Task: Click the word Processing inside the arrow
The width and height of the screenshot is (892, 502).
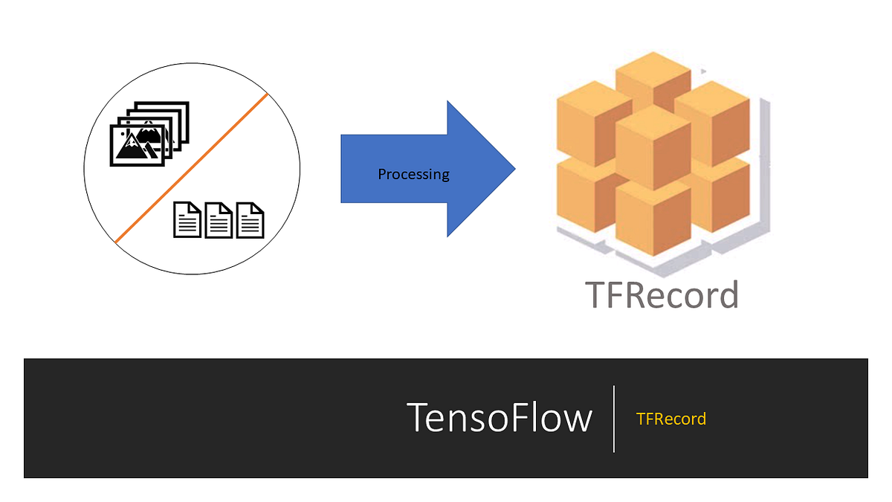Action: pyautogui.click(x=413, y=175)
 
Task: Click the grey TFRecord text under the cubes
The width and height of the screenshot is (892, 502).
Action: pyautogui.click(x=662, y=295)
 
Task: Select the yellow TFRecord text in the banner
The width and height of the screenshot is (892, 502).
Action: pyautogui.click(x=670, y=419)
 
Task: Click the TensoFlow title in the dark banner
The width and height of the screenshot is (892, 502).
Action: pyautogui.click(x=500, y=417)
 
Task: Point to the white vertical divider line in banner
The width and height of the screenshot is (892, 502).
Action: pyautogui.click(x=614, y=419)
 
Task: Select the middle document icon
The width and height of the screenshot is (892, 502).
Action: pyautogui.click(x=219, y=220)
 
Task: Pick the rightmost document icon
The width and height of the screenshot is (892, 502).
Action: pyautogui.click(x=251, y=220)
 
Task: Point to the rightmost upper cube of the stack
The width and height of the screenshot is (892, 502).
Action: pyautogui.click(x=709, y=119)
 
